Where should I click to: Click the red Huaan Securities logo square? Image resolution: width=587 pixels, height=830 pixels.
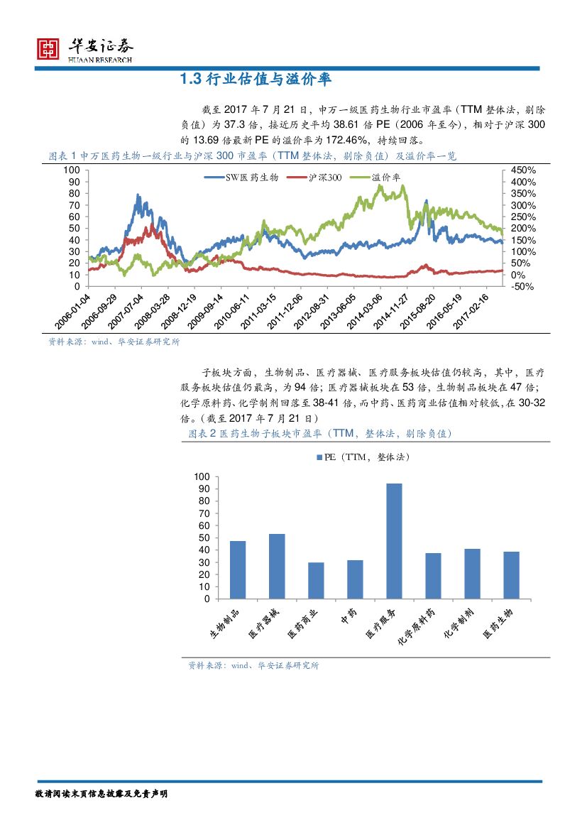coord(48,49)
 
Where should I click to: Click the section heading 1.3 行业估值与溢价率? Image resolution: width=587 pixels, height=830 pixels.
coord(256,80)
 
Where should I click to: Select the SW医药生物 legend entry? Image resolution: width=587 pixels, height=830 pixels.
coord(251,178)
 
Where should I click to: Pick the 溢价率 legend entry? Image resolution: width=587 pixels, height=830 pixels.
coord(385,178)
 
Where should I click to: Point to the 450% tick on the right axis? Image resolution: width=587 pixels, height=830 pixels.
coord(522,170)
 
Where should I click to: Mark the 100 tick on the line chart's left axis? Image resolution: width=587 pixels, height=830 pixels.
coord(72,170)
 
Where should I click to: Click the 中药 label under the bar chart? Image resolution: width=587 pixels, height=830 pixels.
coord(348,618)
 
